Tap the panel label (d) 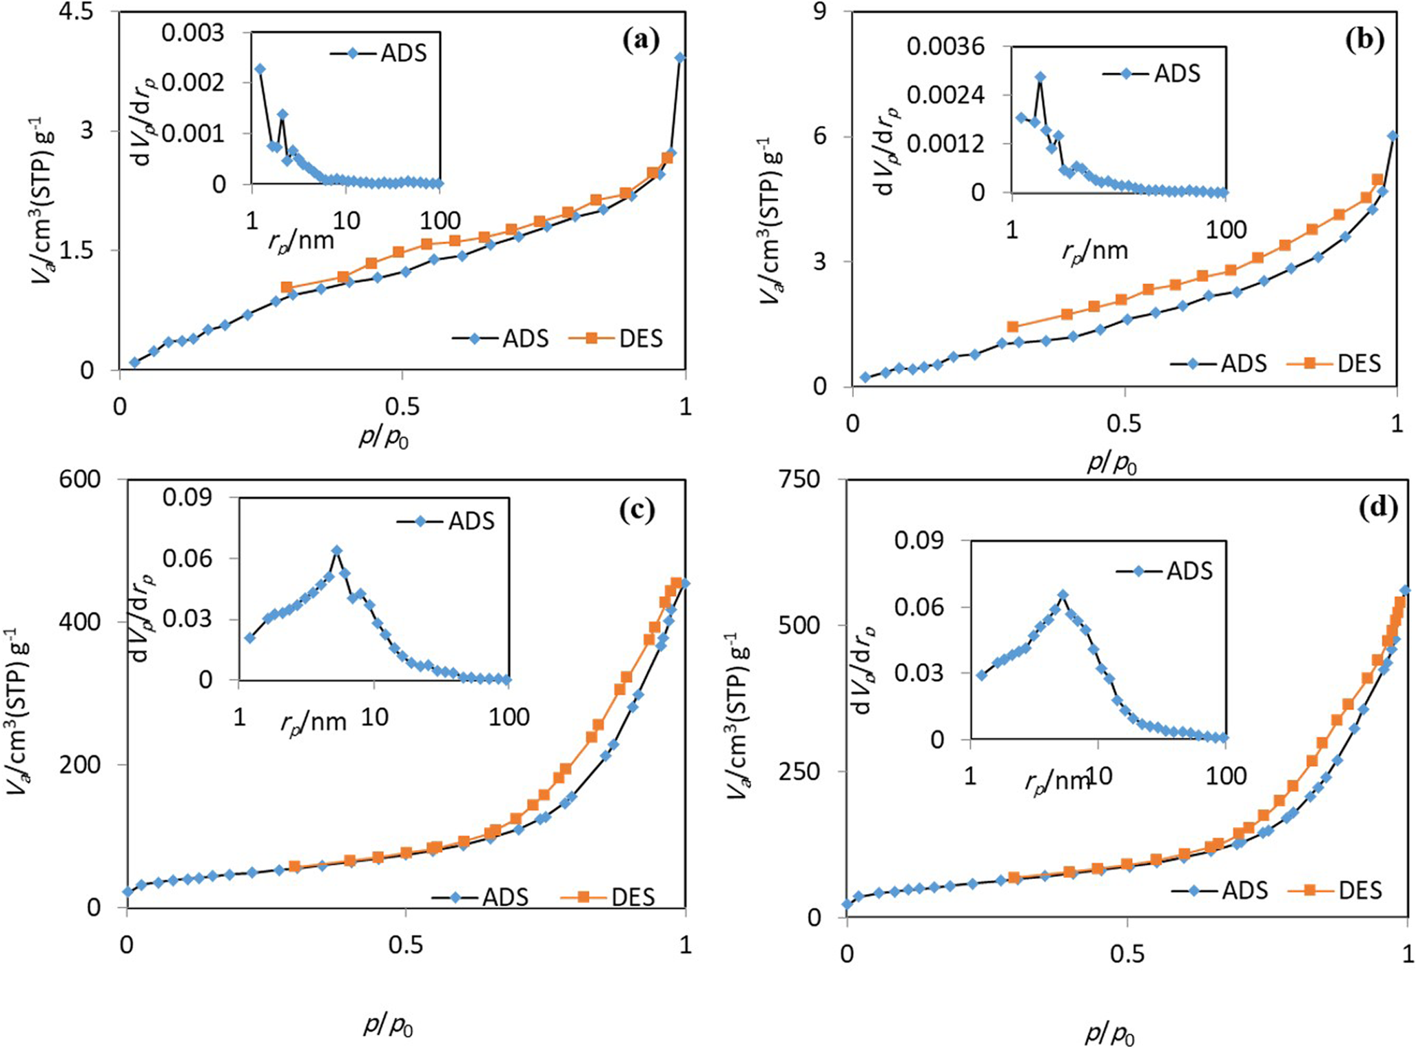pyautogui.click(x=1377, y=508)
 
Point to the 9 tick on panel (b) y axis pyautogui.click(x=819, y=12)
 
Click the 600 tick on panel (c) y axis pyautogui.click(x=80, y=479)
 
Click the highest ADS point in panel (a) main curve pyautogui.click(x=680, y=58)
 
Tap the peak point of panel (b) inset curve pyautogui.click(x=1040, y=77)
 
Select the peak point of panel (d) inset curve pyautogui.click(x=1063, y=595)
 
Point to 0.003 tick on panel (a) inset pyautogui.click(x=192, y=32)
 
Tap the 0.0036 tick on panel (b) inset pyautogui.click(x=945, y=47)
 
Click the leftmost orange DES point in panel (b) pyautogui.click(x=1012, y=327)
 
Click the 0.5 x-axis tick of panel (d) pyautogui.click(x=1127, y=953)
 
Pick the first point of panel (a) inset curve pyautogui.click(x=260, y=69)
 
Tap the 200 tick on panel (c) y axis pyautogui.click(x=80, y=764)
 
